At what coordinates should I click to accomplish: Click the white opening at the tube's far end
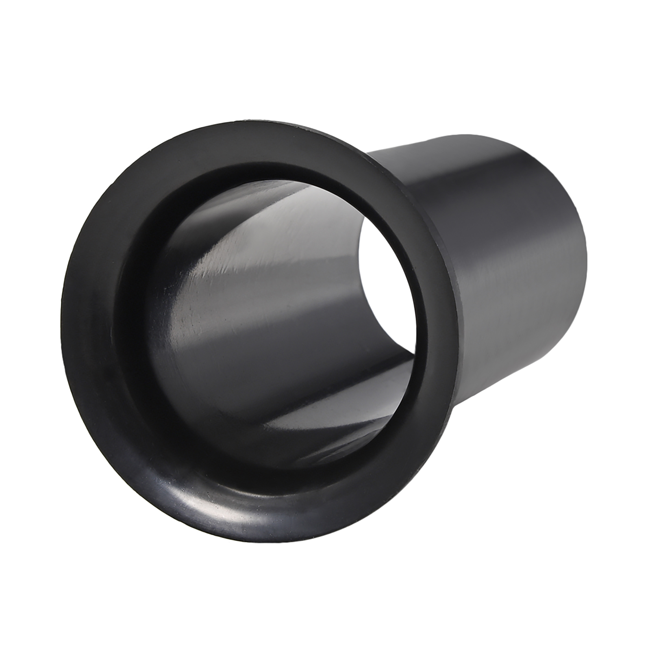click(389, 288)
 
